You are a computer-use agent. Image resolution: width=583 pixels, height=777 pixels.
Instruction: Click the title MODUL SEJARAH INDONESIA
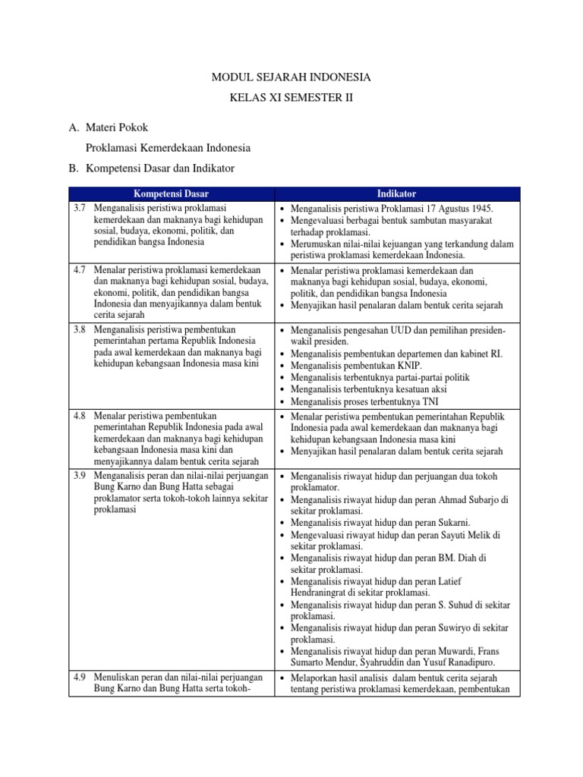[291, 77]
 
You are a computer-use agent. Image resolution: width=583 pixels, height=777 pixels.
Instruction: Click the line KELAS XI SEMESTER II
[291, 99]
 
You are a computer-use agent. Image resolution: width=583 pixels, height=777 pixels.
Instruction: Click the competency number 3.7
[80, 207]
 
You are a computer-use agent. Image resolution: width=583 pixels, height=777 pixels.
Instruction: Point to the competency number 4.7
[80, 269]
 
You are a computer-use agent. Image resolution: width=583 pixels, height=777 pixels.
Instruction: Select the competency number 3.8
[80, 330]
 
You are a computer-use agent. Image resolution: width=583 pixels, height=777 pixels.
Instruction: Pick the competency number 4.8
[80, 416]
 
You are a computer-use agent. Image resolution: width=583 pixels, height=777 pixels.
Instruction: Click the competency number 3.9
[80, 476]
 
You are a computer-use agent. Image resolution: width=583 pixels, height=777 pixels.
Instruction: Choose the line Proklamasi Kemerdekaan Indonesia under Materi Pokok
[169, 147]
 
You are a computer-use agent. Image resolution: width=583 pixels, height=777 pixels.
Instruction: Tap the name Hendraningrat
[327, 593]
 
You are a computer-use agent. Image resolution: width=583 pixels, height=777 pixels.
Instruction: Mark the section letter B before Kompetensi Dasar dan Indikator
[74, 168]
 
